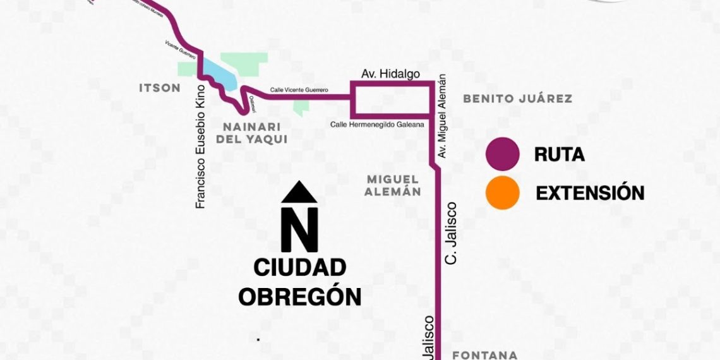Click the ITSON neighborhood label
[159, 88]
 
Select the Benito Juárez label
[517, 99]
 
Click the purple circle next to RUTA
[503, 155]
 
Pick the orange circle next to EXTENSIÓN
[503, 193]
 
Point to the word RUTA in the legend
[559, 155]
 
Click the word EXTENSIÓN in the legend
[590, 193]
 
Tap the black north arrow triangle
[299, 193]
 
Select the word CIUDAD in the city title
[300, 268]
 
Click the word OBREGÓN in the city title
[299, 297]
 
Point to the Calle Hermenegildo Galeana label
[377, 124]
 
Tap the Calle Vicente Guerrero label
[299, 90]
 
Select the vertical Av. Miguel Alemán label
[443, 116]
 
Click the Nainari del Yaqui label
[251, 133]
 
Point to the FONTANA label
[484, 355]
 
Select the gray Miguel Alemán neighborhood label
[393, 186]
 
